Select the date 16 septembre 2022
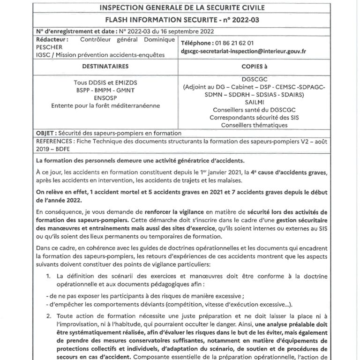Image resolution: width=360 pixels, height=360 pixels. tap(186, 31)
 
